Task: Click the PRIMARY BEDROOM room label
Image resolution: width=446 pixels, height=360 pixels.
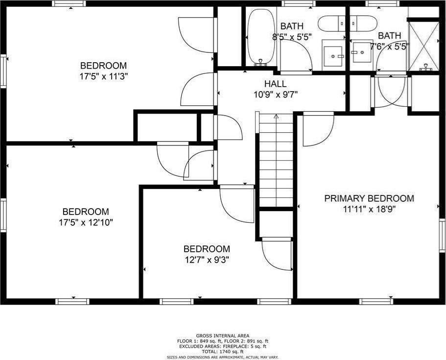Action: (x=369, y=198)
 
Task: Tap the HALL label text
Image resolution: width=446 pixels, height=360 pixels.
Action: (x=275, y=84)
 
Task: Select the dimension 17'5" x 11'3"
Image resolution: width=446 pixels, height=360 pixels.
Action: (x=103, y=76)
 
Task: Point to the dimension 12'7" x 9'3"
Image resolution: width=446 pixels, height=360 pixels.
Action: (x=207, y=260)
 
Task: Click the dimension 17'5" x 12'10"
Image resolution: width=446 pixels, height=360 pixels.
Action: (x=86, y=222)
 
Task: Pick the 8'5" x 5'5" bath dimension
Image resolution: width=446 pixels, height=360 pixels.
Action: (x=292, y=37)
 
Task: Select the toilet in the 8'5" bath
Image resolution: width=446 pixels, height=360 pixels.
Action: (x=331, y=24)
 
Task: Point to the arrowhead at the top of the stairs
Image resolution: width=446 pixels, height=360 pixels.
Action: (x=276, y=117)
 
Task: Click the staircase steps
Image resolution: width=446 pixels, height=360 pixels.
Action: (x=276, y=159)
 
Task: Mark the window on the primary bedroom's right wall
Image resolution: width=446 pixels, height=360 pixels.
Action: (x=442, y=236)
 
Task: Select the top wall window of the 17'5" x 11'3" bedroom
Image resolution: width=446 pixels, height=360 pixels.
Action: (x=69, y=3)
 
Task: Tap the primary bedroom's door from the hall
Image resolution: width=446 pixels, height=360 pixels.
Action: (x=318, y=129)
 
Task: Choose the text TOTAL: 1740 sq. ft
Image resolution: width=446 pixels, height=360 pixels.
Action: (x=223, y=352)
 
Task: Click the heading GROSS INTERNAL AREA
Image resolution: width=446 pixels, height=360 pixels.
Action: (x=223, y=336)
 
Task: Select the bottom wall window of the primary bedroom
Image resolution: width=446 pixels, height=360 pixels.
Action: (x=376, y=301)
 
